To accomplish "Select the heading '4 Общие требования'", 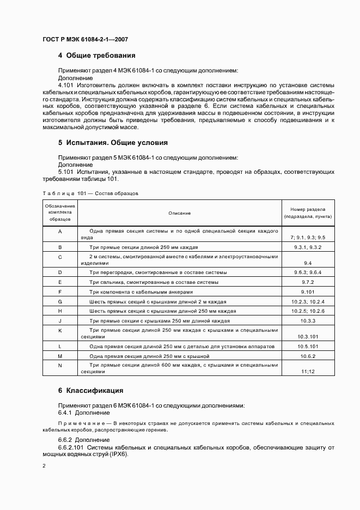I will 96,56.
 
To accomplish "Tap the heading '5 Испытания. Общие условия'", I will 112,143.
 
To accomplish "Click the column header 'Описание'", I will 179,213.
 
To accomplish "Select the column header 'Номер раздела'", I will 308,209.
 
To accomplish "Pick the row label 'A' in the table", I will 60,231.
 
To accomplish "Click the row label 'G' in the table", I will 60,301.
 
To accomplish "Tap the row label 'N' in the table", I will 60,365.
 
